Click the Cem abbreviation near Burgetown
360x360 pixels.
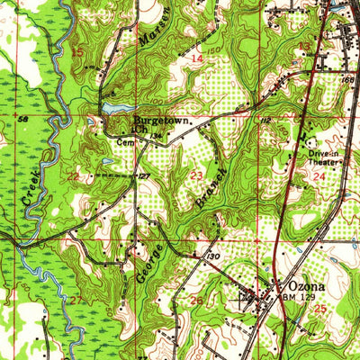pos(123,141)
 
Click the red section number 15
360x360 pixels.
pos(77,53)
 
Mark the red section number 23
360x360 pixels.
pos(197,175)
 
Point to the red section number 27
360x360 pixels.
pos(76,297)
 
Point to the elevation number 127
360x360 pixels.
pos(143,176)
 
